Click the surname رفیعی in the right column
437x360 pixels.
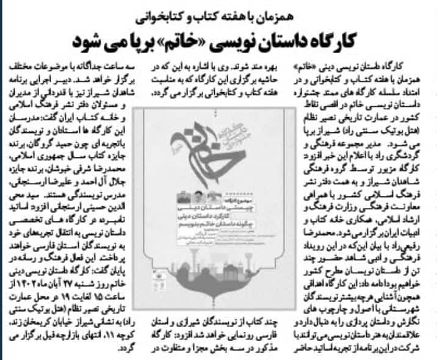[x=409, y=235]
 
